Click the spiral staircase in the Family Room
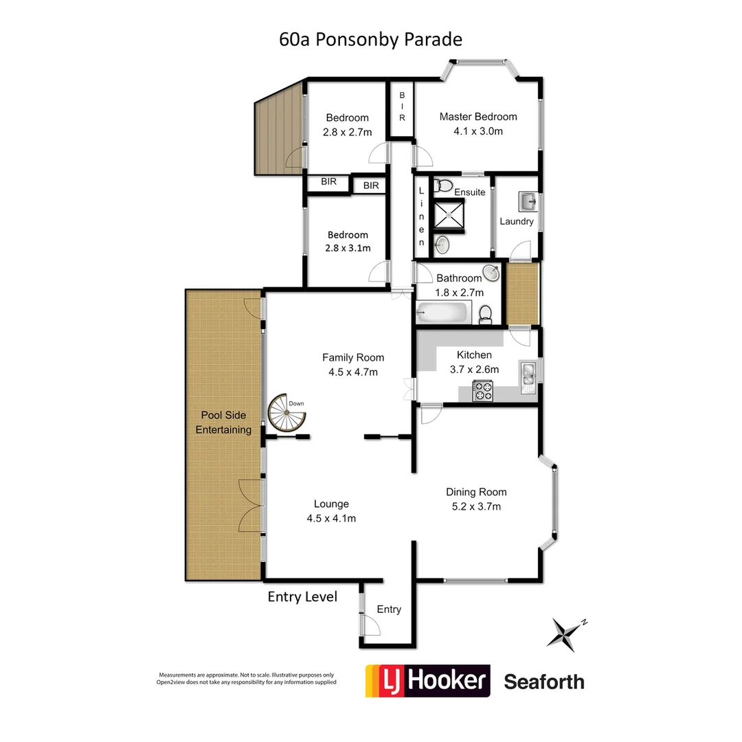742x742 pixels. [x=284, y=414]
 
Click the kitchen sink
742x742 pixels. [x=529, y=374]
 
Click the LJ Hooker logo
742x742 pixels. [x=427, y=681]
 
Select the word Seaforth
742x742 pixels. [x=544, y=682]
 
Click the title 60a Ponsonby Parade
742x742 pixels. [x=370, y=39]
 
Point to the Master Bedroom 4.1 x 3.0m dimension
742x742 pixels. [x=478, y=131]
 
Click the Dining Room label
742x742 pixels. [x=476, y=492]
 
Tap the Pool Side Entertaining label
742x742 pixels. [x=223, y=423]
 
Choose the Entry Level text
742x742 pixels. [x=302, y=597]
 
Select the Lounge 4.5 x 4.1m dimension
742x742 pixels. [x=331, y=519]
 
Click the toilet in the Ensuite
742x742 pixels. [x=444, y=185]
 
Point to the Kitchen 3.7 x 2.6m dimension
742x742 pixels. [x=474, y=369]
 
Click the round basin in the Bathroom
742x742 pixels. [x=491, y=274]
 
